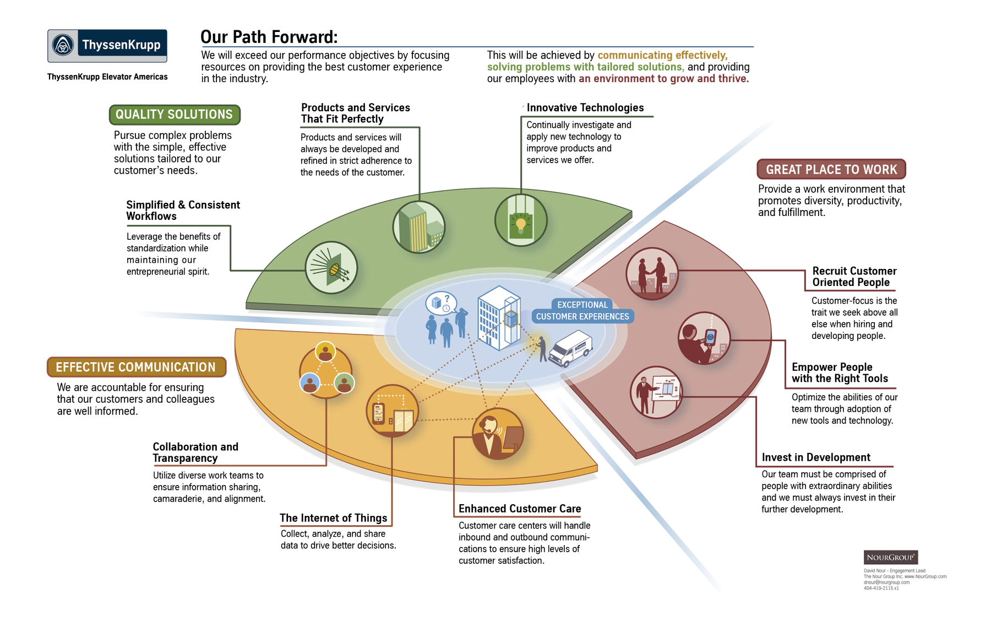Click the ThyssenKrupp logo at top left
point(107,46)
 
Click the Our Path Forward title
point(269,37)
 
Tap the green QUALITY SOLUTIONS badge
point(175,115)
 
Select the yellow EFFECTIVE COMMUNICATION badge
point(137,367)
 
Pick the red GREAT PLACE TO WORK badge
point(831,169)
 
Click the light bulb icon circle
point(521,220)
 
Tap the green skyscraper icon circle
point(419,227)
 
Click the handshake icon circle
point(652,274)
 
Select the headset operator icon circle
point(498,434)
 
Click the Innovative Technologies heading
point(585,107)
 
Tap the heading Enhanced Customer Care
point(520,509)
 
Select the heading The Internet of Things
point(334,518)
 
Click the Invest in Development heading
point(816,457)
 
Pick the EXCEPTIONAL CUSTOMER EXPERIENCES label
point(582,311)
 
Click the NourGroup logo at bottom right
point(891,557)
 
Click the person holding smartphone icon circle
point(704,338)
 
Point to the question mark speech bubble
point(441,303)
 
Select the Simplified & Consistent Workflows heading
point(183,211)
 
